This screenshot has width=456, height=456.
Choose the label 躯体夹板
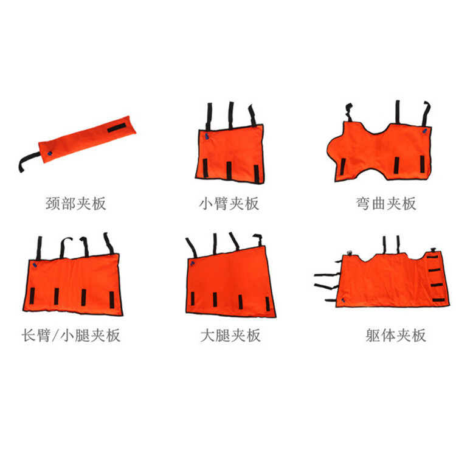point(387,335)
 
